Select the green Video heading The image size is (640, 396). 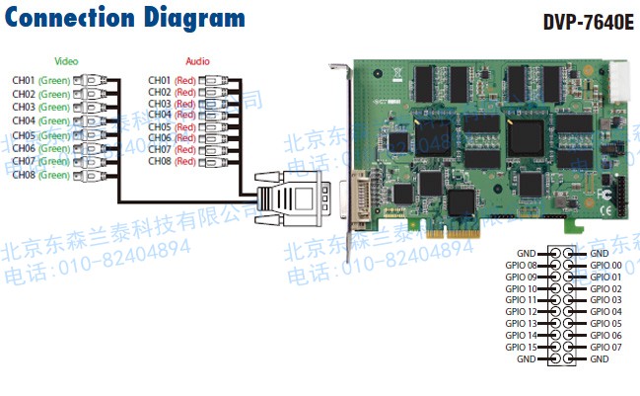tap(67, 62)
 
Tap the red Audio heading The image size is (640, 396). tap(197, 62)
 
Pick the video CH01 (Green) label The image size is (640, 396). tap(40, 79)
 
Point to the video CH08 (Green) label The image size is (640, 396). tap(40, 175)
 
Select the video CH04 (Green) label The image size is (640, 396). tap(40, 120)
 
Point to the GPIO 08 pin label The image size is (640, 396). tap(521, 266)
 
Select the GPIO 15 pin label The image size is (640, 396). tap(521, 347)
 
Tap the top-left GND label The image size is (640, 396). tap(527, 254)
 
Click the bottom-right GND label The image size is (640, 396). tap(599, 358)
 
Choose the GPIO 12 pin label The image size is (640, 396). tap(521, 312)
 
